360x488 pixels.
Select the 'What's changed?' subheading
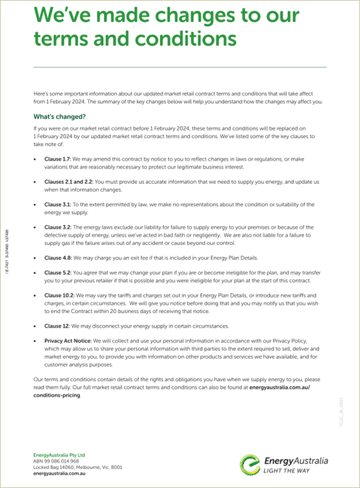[60, 117]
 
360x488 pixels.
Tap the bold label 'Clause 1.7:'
[58, 159]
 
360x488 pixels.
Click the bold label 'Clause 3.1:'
[58, 204]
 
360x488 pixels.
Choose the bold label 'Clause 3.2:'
[58, 227]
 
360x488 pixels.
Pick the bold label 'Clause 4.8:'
[58, 258]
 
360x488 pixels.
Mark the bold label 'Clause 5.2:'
[58, 272]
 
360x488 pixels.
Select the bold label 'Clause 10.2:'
[59, 296]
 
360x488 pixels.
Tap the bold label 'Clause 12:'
[57, 326]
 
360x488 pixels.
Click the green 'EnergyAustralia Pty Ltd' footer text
[60, 455]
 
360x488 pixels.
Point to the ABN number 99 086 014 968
[56, 461]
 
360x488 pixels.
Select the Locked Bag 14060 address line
[77, 467]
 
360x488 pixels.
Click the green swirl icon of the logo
[250, 465]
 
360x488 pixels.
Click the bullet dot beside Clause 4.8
[35, 258]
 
